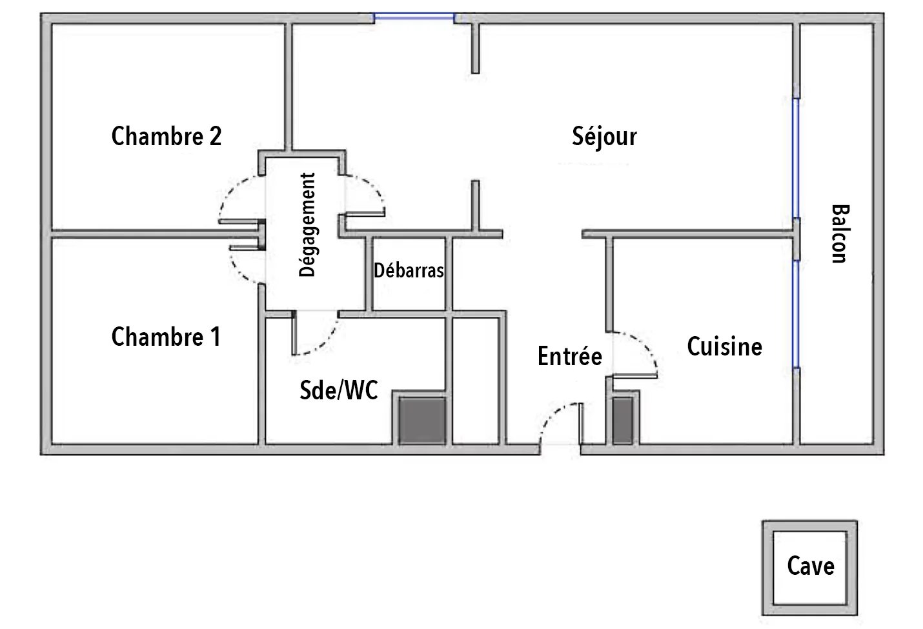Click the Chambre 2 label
coord(167,136)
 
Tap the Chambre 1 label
coord(166,337)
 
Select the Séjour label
coord(605,137)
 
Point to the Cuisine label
coord(724,346)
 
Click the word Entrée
coord(570,356)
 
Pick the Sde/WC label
coord(339,390)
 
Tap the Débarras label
coord(409,270)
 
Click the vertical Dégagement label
coord(307,225)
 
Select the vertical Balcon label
coord(840,234)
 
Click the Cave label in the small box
coord(811,566)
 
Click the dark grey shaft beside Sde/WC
coord(422,420)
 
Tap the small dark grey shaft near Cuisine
coord(623,421)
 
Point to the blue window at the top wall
coord(414,17)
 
